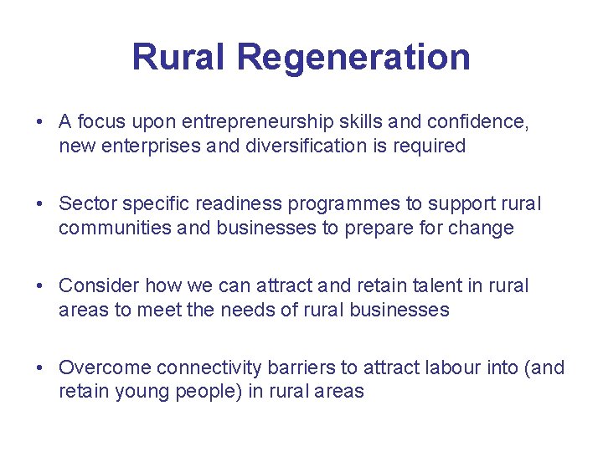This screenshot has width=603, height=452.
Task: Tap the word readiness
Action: pos(234,204)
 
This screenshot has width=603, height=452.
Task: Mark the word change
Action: pos(479,228)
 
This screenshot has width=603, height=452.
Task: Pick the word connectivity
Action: pos(208,368)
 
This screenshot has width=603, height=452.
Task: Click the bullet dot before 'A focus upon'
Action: pos(40,122)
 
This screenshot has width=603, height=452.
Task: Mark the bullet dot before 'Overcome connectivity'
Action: pos(40,368)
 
